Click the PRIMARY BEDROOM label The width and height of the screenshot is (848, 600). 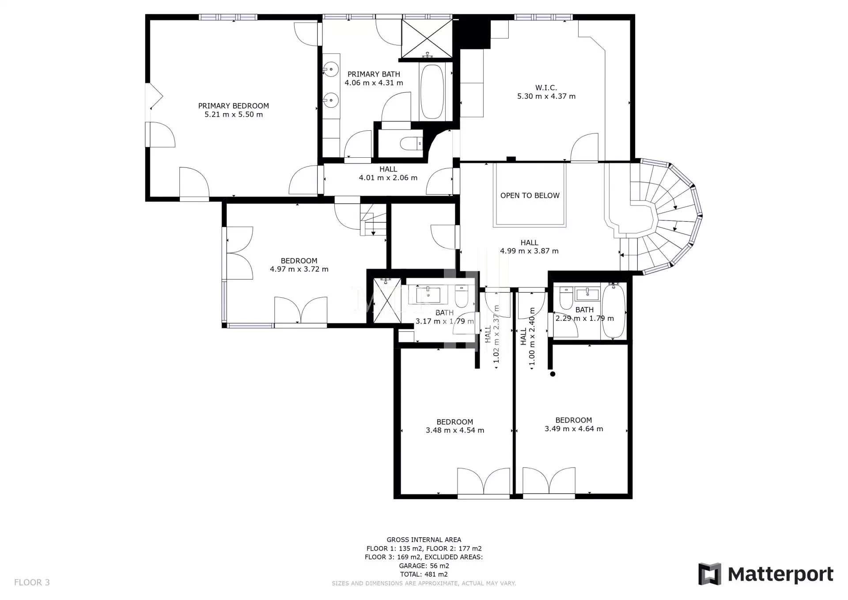[x=233, y=106]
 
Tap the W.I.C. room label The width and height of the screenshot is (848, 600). [x=546, y=88]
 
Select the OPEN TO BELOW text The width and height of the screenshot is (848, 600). [x=530, y=195]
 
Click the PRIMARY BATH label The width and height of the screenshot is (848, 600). [x=374, y=74]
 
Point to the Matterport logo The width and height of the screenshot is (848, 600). [x=766, y=574]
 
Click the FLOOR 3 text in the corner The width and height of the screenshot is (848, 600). [x=32, y=582]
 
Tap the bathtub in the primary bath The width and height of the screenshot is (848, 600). [x=432, y=92]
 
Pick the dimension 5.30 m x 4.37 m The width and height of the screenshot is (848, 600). [x=546, y=96]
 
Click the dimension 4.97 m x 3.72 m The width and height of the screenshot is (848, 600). [x=299, y=269]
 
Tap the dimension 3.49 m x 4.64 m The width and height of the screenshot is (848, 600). [x=574, y=429]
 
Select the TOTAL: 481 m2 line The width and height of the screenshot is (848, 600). [x=424, y=574]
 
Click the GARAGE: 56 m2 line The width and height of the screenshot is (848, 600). [x=424, y=566]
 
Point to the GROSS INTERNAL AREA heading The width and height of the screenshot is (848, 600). [x=424, y=539]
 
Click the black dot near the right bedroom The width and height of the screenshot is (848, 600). [x=553, y=374]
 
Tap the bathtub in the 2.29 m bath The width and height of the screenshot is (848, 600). [x=614, y=311]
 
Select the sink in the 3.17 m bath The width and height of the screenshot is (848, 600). [x=428, y=294]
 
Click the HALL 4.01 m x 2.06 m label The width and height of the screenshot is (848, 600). [x=388, y=173]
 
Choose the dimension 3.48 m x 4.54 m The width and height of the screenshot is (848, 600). [x=455, y=430]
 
